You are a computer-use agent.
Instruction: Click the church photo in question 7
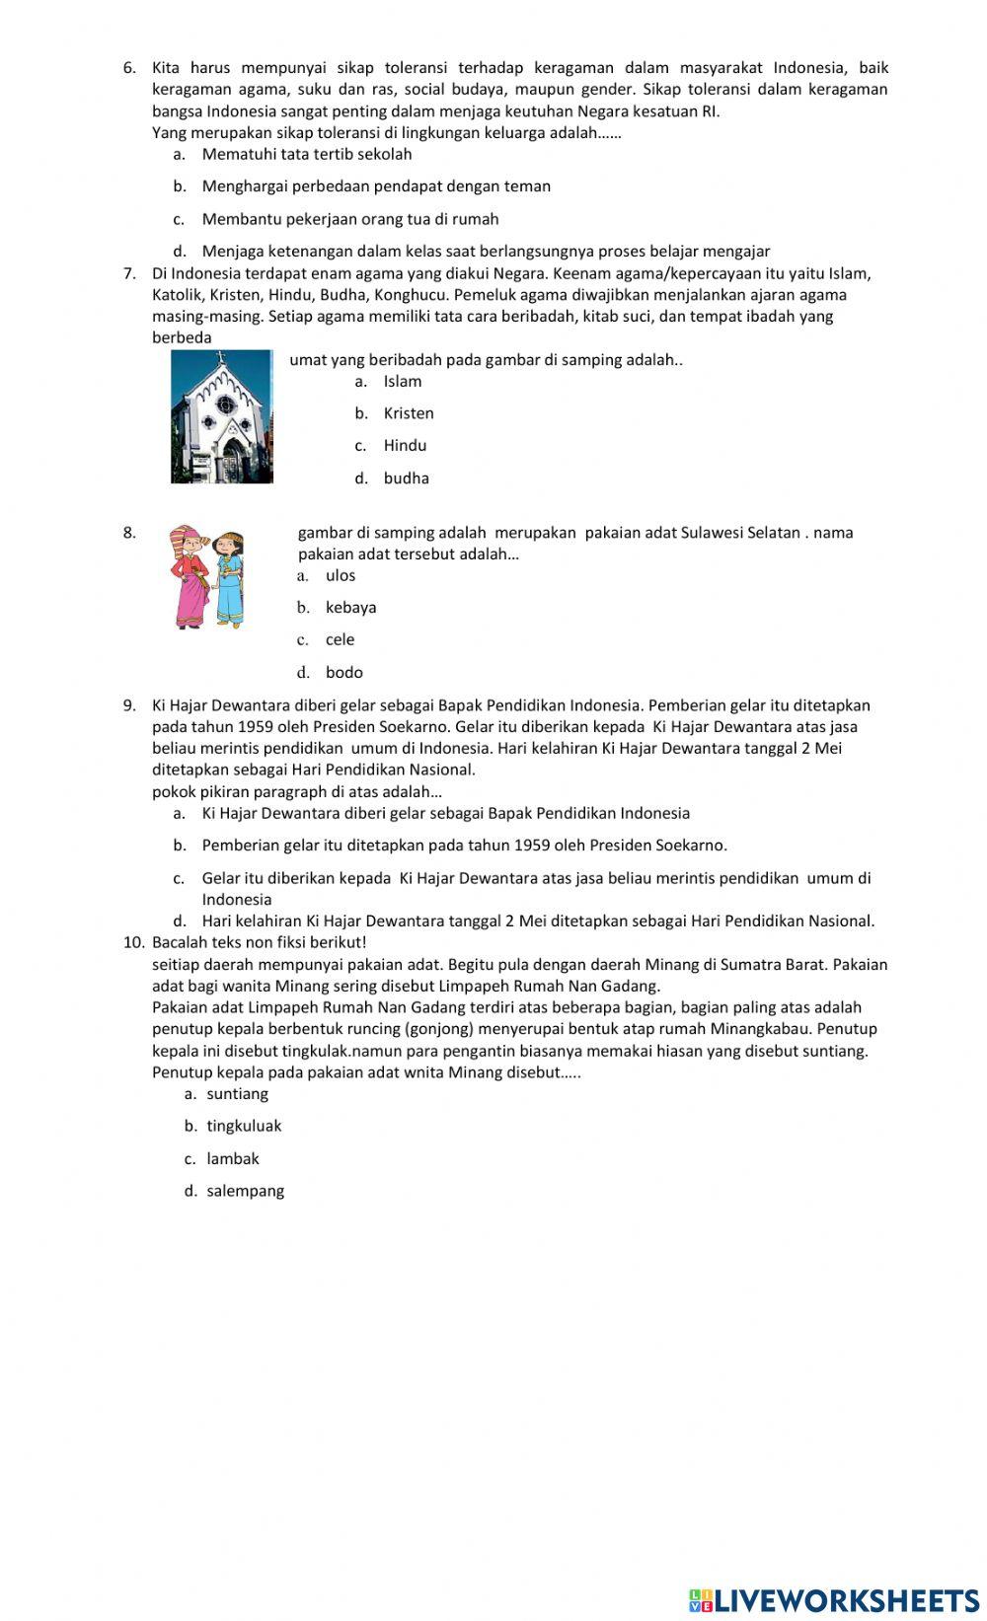(x=222, y=416)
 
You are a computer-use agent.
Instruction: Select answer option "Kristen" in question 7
(x=409, y=413)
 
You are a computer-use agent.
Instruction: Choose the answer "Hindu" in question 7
(x=405, y=446)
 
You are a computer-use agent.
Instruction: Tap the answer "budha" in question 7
(x=406, y=479)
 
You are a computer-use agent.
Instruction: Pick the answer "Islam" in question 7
(x=403, y=382)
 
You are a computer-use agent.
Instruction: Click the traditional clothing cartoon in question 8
(x=205, y=577)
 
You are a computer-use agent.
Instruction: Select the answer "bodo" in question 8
(x=343, y=673)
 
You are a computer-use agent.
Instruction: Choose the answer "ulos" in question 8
(x=341, y=576)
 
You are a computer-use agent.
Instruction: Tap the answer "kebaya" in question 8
(x=350, y=608)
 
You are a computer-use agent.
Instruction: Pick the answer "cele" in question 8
(x=340, y=640)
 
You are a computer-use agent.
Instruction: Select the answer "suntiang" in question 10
(x=237, y=1094)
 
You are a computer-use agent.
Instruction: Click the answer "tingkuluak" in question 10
(x=244, y=1127)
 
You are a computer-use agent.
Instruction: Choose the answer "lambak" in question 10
(x=233, y=1159)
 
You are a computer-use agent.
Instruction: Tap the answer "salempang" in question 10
(x=245, y=1192)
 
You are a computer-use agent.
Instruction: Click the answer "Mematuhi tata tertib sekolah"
(x=307, y=155)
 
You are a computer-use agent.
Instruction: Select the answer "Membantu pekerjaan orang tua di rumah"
(x=350, y=220)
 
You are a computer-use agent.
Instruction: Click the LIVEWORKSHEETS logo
(x=833, y=1600)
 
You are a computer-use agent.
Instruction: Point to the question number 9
(x=129, y=705)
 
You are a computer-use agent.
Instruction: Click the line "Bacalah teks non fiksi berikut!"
(x=259, y=942)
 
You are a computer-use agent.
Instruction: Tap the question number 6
(x=129, y=68)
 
